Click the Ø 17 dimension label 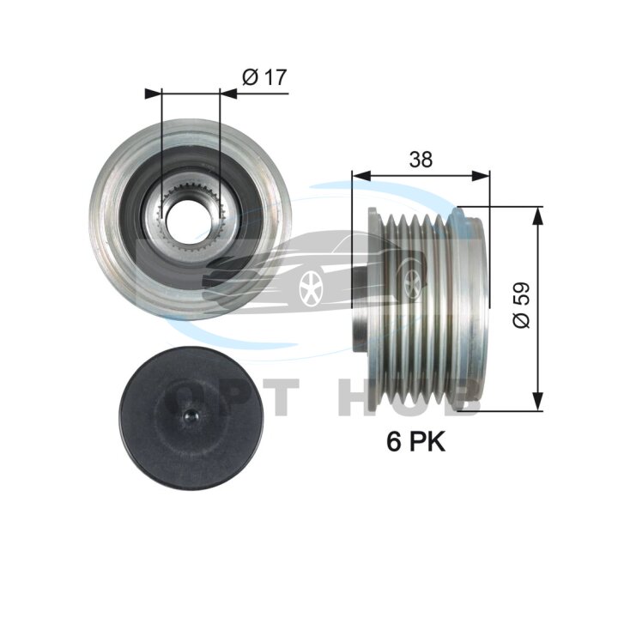(x=264, y=77)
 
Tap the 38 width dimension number (x=421, y=160)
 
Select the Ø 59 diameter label (x=521, y=305)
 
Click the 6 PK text (x=415, y=441)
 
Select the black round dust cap (x=191, y=418)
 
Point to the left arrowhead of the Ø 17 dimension (x=154, y=94)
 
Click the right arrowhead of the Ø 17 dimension (x=228, y=94)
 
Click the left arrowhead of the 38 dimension (x=361, y=176)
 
